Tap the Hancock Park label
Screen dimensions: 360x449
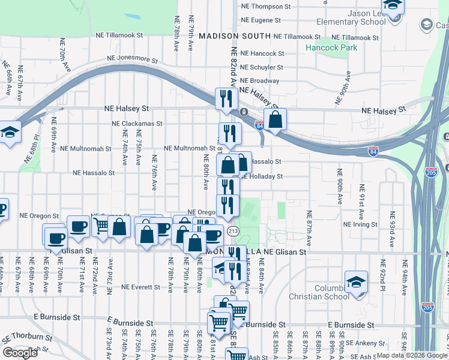pos(331,47)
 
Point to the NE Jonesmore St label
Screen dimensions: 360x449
pos(132,61)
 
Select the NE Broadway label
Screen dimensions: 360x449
pos(259,80)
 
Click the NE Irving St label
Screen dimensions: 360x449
pos(360,224)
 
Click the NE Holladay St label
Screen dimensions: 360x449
pos(262,176)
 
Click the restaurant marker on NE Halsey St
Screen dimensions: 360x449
pos(226,98)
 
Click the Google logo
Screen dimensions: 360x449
pos(20,353)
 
